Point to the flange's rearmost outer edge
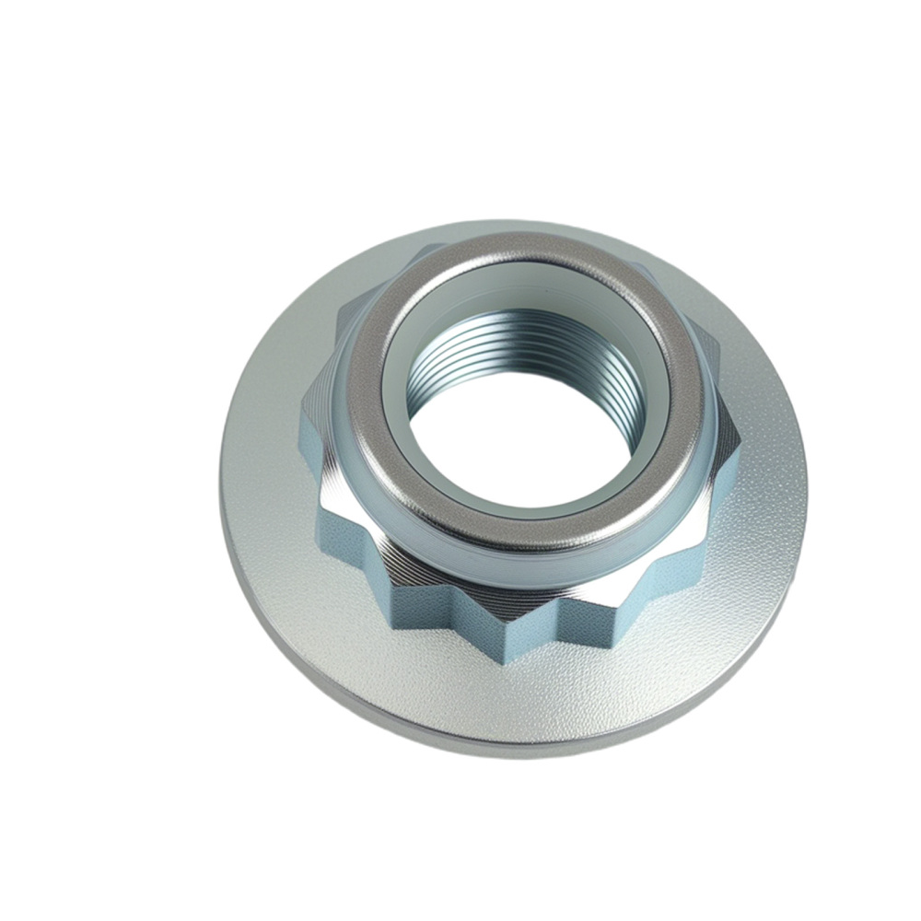coord(516,220)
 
